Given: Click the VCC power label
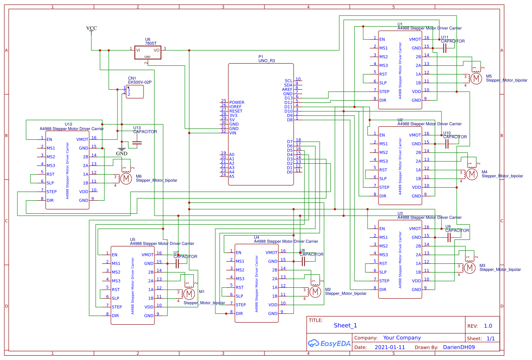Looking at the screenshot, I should (x=91, y=28).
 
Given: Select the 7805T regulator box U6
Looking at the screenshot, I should (x=147, y=52).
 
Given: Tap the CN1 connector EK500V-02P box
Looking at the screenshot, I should (x=135, y=92).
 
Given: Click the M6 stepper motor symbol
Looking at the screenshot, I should (x=125, y=178).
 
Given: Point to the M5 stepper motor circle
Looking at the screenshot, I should (x=476, y=78).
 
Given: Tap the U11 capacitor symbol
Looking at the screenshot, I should (x=444, y=48).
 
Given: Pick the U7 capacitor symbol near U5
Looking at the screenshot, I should (x=177, y=263).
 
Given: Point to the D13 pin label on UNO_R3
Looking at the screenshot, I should (x=288, y=98).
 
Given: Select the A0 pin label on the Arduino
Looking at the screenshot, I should (x=232, y=155).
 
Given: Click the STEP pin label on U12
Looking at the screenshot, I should (x=52, y=192).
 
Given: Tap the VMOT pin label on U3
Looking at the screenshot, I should (x=415, y=229).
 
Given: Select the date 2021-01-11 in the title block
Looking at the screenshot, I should (x=389, y=347).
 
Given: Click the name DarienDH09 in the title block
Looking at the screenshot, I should (x=459, y=347).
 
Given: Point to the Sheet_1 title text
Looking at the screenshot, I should (x=345, y=325).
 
